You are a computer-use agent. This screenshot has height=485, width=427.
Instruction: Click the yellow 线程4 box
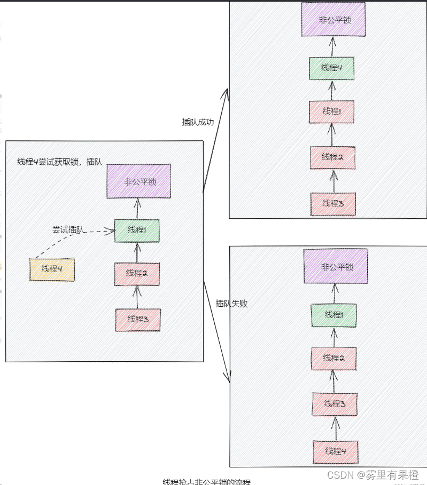tap(52, 269)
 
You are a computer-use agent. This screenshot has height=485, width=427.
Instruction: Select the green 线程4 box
tap(332, 68)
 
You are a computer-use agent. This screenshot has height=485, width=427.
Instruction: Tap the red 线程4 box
tap(335, 451)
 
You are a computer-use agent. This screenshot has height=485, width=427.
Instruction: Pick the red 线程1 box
tap(332, 112)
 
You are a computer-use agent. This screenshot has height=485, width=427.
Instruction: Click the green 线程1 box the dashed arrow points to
tap(137, 230)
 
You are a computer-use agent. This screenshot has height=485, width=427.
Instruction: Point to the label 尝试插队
tap(68, 229)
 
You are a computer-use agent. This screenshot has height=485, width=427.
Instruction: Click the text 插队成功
tap(198, 122)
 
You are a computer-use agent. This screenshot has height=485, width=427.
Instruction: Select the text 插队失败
tap(231, 304)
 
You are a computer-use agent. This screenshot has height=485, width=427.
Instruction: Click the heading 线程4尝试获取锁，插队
tap(60, 162)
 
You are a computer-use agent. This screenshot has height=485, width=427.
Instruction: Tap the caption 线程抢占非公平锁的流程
tap(206, 481)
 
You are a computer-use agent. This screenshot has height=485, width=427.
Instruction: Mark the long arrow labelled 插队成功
tap(215, 141)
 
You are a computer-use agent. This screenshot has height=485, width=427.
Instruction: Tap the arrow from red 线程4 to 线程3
tap(336, 427)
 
